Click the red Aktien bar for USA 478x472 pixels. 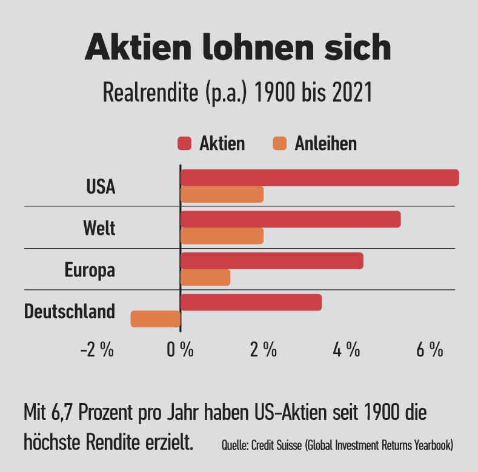tap(319, 178)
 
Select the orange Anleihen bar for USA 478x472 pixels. tap(222, 194)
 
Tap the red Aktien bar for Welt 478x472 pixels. tap(290, 219)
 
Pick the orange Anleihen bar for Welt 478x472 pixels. tap(222, 235)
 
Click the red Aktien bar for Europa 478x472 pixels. tap(271, 261)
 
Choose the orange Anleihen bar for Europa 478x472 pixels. tap(205, 277)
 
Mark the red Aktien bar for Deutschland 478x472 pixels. tap(251, 302)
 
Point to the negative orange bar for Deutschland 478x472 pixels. tap(156, 319)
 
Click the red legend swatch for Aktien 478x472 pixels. tap(184, 143)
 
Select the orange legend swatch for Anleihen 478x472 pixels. tap(279, 143)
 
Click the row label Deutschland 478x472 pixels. tap(69, 312)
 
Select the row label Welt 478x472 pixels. tap(99, 229)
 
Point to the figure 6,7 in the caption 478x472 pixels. tap(75, 414)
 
